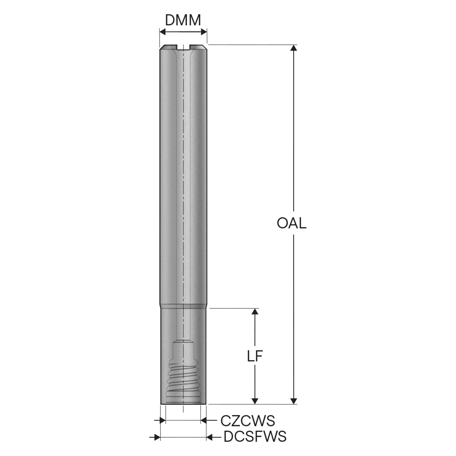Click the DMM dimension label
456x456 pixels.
pos(183,21)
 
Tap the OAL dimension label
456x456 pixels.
pos(291,223)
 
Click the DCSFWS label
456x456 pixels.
pos(255,437)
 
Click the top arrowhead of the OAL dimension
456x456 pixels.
pos(294,48)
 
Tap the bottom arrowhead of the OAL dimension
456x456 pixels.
pos(294,401)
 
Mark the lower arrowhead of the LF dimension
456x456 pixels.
pos(255,401)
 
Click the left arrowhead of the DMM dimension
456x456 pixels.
pos(163,32)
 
